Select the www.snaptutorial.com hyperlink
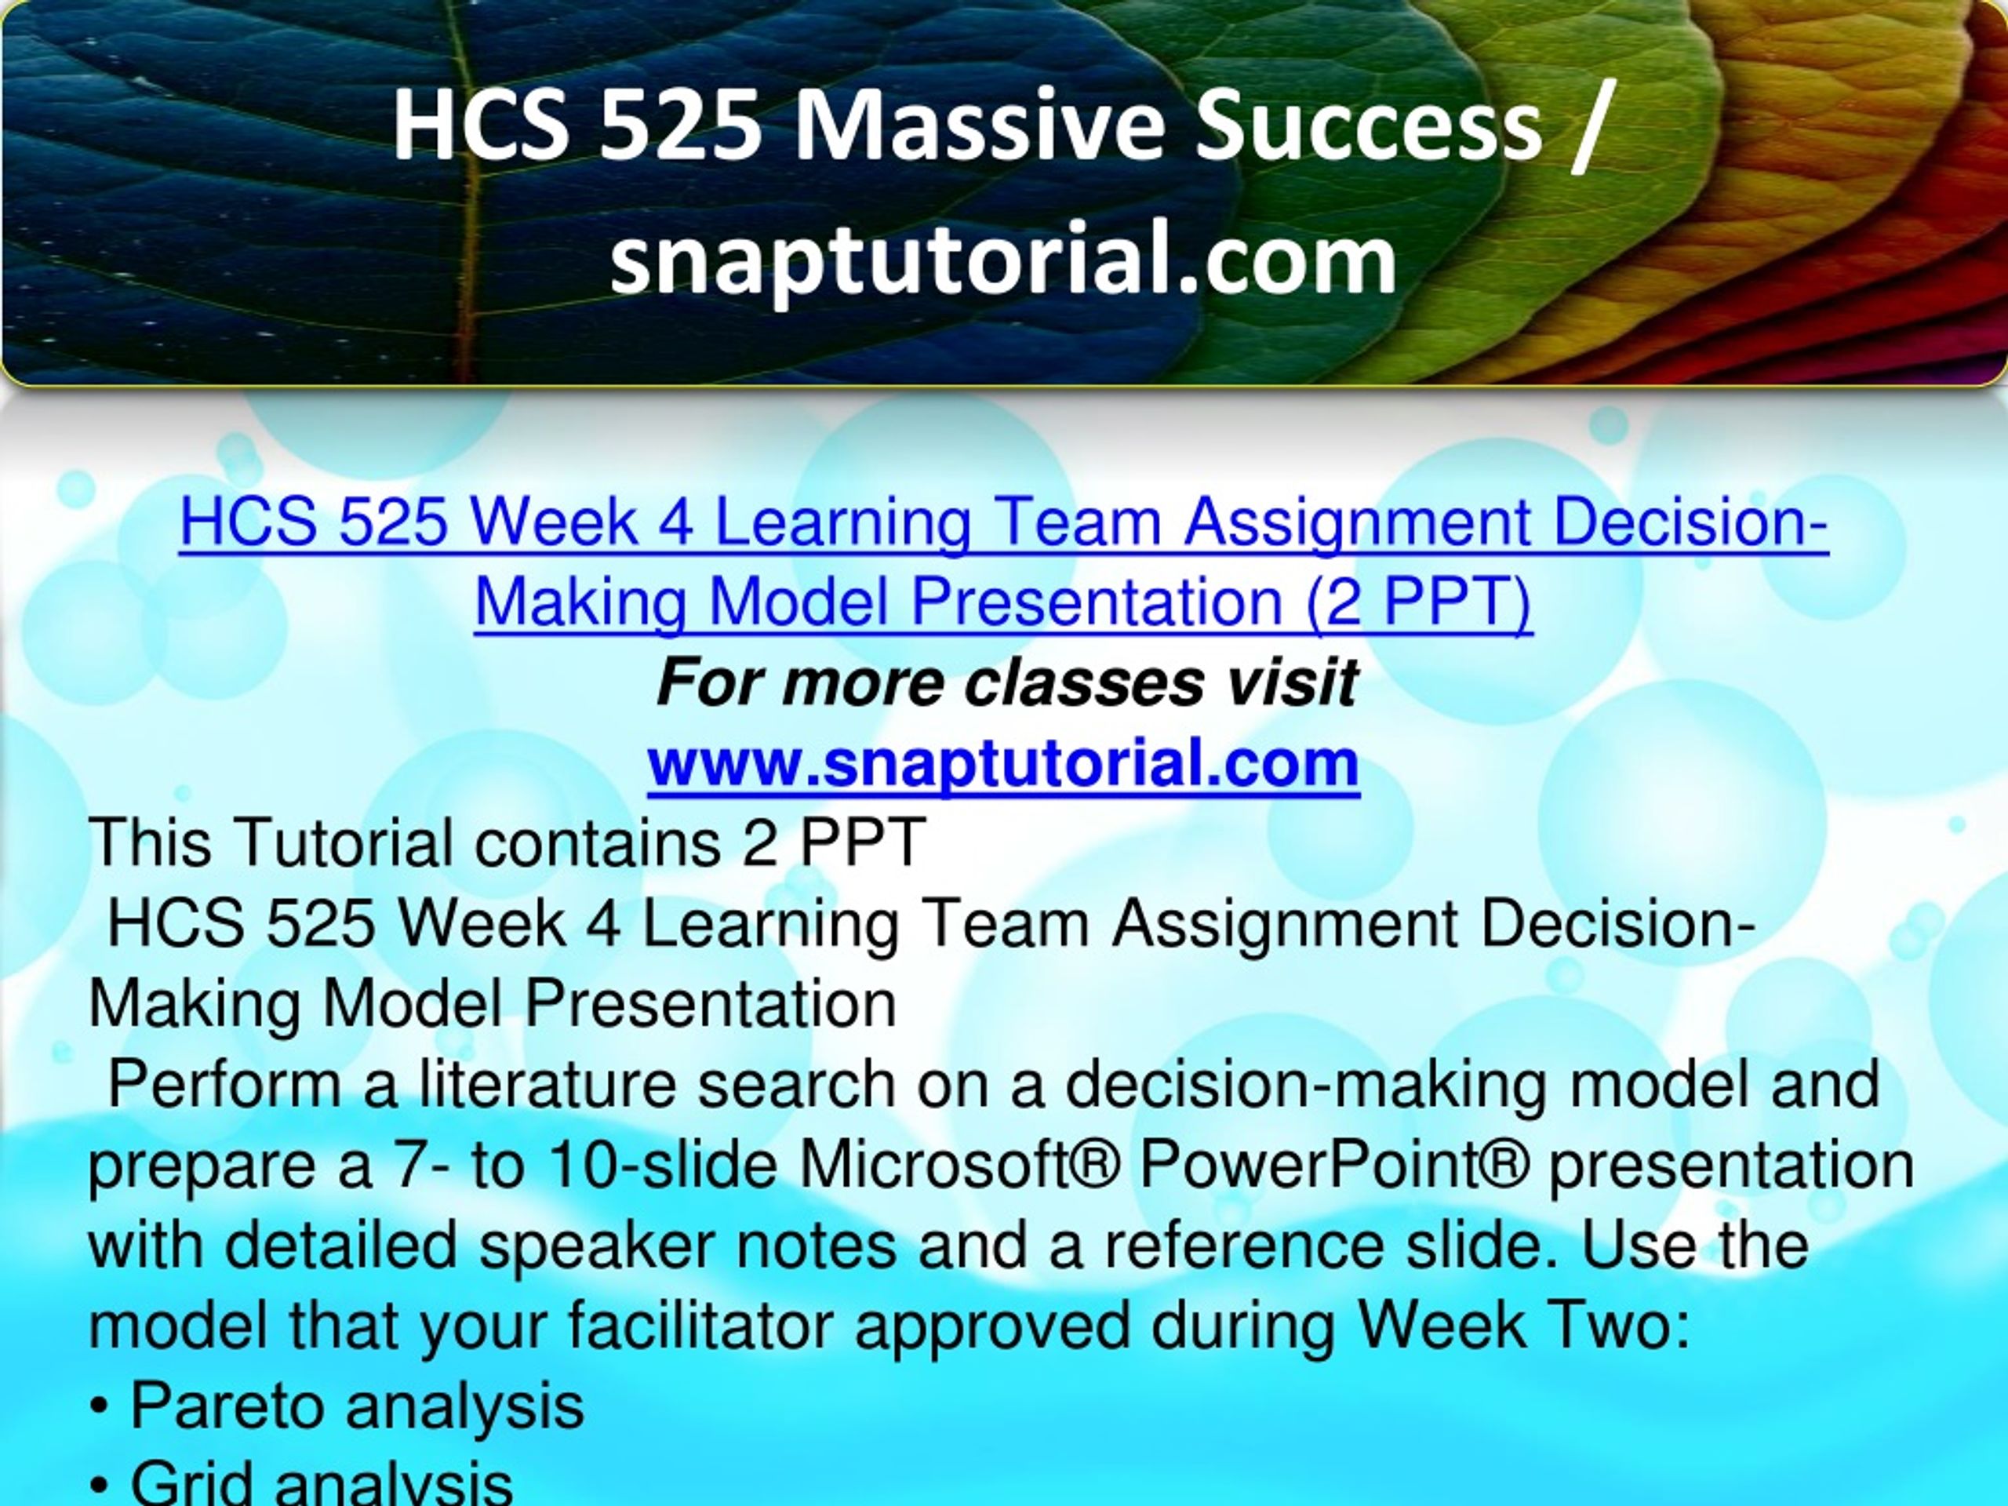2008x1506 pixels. click(x=1003, y=763)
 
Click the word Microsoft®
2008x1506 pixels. click(x=959, y=1164)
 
